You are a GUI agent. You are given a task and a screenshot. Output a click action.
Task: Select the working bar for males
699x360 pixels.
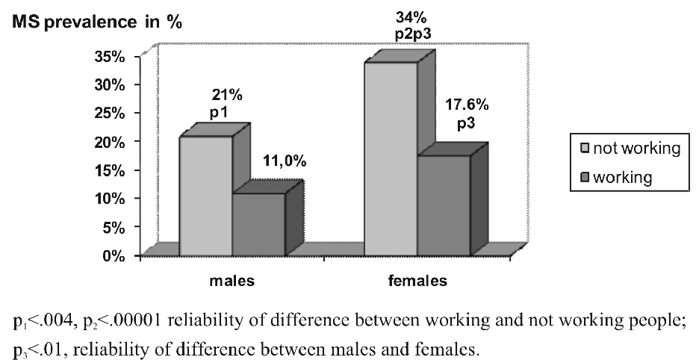click(258, 224)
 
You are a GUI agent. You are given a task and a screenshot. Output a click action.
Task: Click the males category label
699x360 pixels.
click(233, 282)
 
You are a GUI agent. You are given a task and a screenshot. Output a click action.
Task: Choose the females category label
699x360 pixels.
click(417, 282)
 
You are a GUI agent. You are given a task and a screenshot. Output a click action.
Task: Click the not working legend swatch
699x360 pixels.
click(586, 149)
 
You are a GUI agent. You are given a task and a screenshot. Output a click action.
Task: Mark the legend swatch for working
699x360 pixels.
click(586, 178)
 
